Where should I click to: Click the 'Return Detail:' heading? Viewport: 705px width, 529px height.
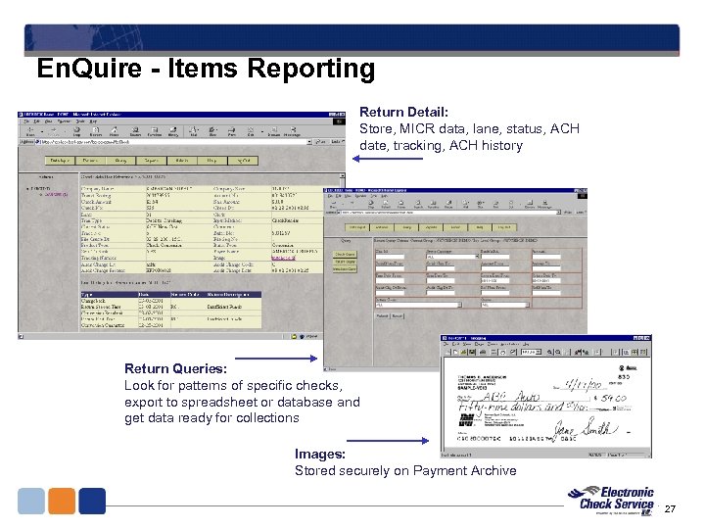pyautogui.click(x=403, y=113)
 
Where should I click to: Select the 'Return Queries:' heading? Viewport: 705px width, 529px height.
pyautogui.click(x=176, y=369)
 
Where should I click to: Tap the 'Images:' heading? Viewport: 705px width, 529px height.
pyautogui.click(x=320, y=454)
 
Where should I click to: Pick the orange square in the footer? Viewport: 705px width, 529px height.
pyautogui.click(x=62, y=501)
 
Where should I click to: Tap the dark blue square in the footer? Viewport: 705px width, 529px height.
pyautogui.click(x=92, y=501)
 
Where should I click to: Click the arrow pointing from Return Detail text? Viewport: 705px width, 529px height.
pyautogui.click(x=329, y=142)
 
